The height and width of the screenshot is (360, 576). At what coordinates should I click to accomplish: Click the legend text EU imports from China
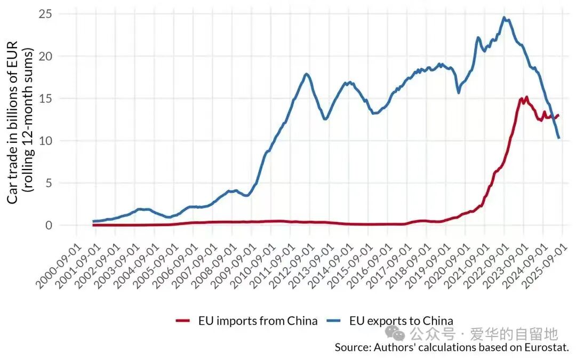258,321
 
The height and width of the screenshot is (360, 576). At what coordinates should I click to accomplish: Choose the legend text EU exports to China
401,321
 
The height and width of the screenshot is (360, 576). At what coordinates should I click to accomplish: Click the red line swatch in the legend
183,321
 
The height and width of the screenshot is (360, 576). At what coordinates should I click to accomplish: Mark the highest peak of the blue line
504,18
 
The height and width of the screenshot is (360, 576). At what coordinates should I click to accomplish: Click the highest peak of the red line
526,97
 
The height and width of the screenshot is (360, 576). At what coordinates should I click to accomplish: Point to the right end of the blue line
558,138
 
